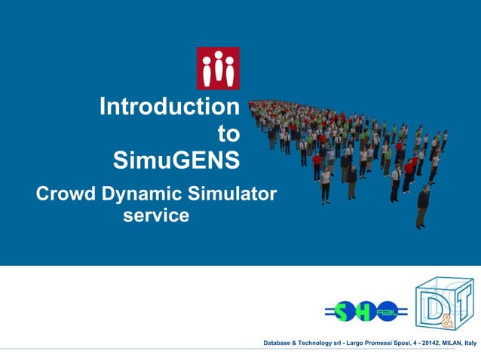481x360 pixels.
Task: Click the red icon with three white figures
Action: point(218,69)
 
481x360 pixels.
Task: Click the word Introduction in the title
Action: point(169,107)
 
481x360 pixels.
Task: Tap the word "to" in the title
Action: point(228,134)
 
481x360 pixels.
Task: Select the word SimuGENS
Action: point(176,160)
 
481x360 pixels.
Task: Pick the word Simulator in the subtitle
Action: point(234,194)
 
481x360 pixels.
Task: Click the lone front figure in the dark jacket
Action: point(423,206)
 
